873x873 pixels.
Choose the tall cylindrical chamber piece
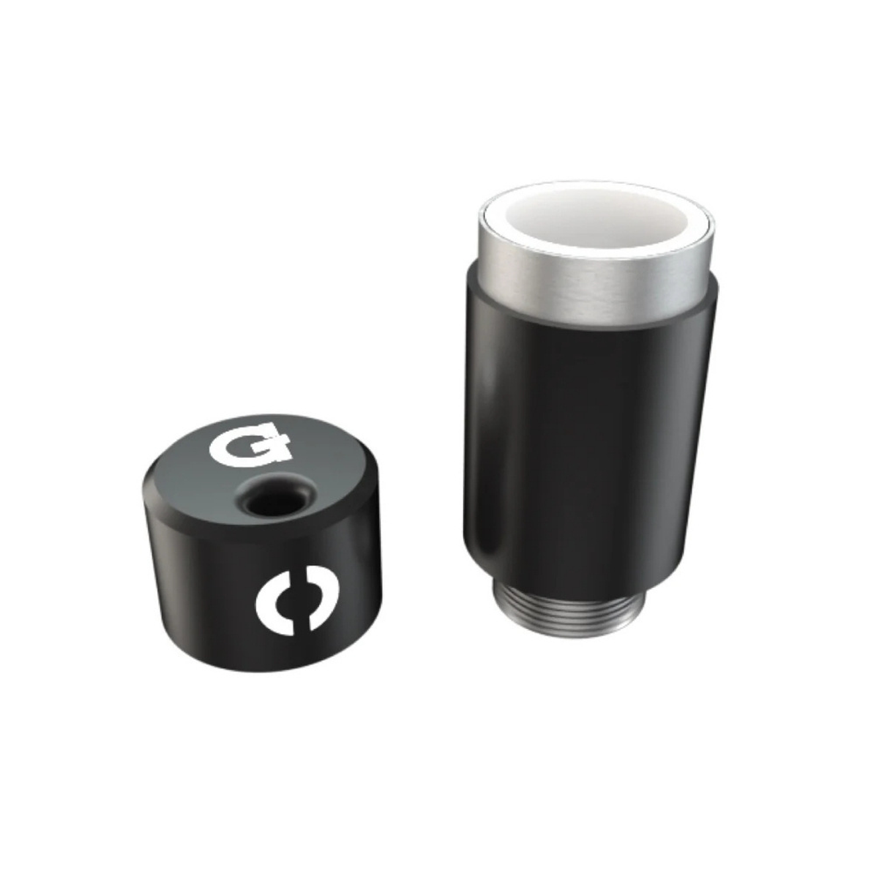click(589, 397)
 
